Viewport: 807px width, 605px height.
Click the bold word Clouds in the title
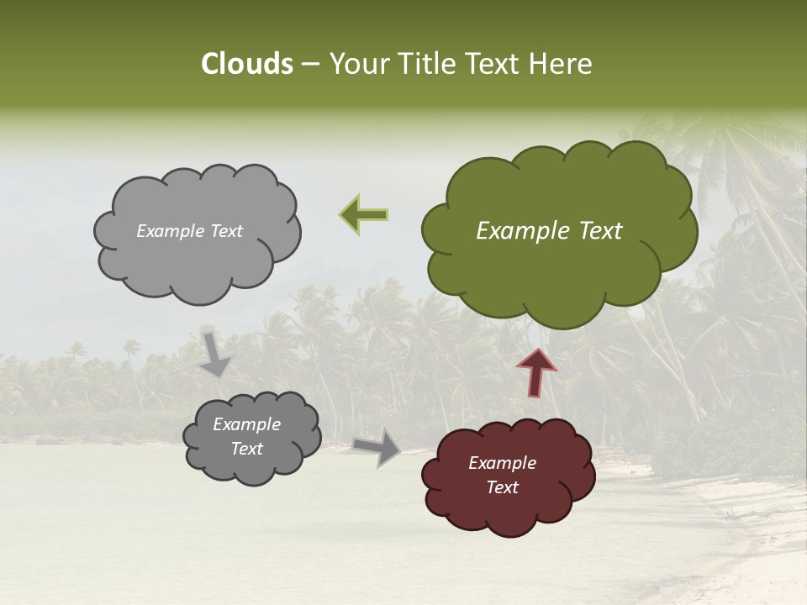[246, 64]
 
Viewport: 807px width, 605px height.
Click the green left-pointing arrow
[364, 214]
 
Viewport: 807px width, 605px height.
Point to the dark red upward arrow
[537, 371]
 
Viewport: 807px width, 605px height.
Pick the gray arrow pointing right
[377, 447]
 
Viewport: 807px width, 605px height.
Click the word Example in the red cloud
[502, 463]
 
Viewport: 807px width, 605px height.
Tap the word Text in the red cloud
[502, 487]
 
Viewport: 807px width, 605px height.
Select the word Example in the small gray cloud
[246, 424]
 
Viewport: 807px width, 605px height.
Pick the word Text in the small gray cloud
[246, 449]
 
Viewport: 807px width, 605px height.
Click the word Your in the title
[353, 64]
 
